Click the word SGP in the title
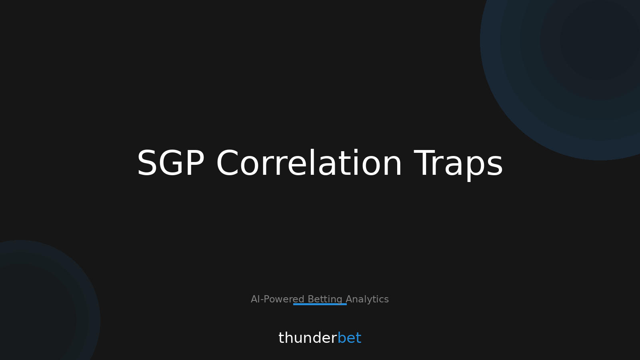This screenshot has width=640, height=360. coord(170,163)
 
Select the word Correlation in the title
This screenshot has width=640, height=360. coord(309,162)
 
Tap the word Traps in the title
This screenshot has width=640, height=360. coord(458,165)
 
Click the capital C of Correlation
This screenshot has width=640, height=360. coord(227,163)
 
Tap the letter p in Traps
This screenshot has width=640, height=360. coord(471,168)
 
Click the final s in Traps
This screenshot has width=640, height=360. coord(494,166)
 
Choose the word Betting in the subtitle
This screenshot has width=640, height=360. coord(325,300)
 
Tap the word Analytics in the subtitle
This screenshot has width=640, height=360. coord(367,300)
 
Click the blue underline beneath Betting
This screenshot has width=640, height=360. coord(320,304)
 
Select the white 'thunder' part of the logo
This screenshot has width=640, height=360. coord(308,338)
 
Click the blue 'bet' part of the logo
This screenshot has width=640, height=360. coord(350,338)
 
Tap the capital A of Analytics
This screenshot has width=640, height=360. coord(350,299)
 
